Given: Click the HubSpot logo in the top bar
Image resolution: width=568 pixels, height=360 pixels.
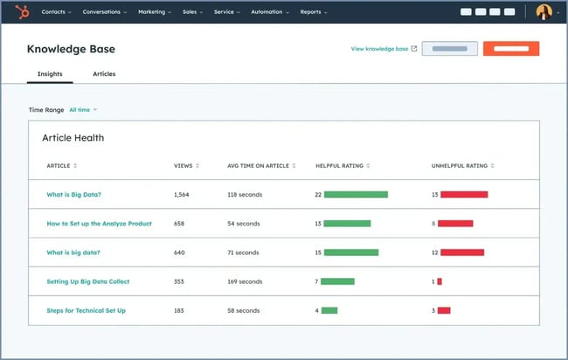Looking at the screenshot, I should pos(21,12).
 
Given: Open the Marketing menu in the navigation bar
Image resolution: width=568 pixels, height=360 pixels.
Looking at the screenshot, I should pos(154,12).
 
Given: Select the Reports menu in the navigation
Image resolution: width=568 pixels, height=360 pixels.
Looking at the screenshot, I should pos(313,12).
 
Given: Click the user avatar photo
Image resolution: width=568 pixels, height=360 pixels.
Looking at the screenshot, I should pos(544,12).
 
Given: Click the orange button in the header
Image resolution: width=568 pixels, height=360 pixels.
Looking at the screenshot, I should pos(511,49).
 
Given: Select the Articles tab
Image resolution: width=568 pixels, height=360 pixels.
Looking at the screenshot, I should pos(104,74).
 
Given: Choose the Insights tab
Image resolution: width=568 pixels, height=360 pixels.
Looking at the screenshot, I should pos(50,74).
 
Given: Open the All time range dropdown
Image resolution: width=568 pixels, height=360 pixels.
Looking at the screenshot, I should pos(83,110).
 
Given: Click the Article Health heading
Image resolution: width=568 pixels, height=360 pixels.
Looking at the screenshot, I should pos(73,138).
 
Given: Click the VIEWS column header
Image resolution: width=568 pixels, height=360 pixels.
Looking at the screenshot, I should pos(185,165).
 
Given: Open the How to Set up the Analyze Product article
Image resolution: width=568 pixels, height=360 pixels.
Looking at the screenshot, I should pos(99,224).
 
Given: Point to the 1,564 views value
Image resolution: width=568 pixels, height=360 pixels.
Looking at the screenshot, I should pos(182,195).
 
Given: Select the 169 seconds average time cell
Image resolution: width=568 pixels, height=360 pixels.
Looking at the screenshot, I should pos(245,281).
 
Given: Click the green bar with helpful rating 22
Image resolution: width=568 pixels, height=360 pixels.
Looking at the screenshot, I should pos(356,195).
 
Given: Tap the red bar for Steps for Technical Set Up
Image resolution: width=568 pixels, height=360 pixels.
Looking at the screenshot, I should pos(444,310).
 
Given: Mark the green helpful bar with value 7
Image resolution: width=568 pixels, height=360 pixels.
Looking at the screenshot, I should pos(337,281).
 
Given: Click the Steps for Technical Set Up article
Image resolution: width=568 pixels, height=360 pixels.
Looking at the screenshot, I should pos(86,310).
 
